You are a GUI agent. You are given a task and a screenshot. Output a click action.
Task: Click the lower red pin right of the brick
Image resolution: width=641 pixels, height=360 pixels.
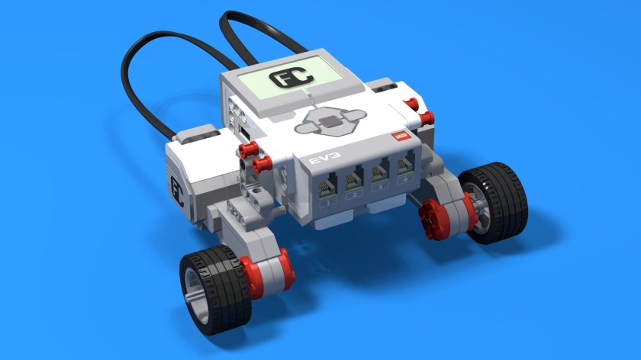pos(425,117)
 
